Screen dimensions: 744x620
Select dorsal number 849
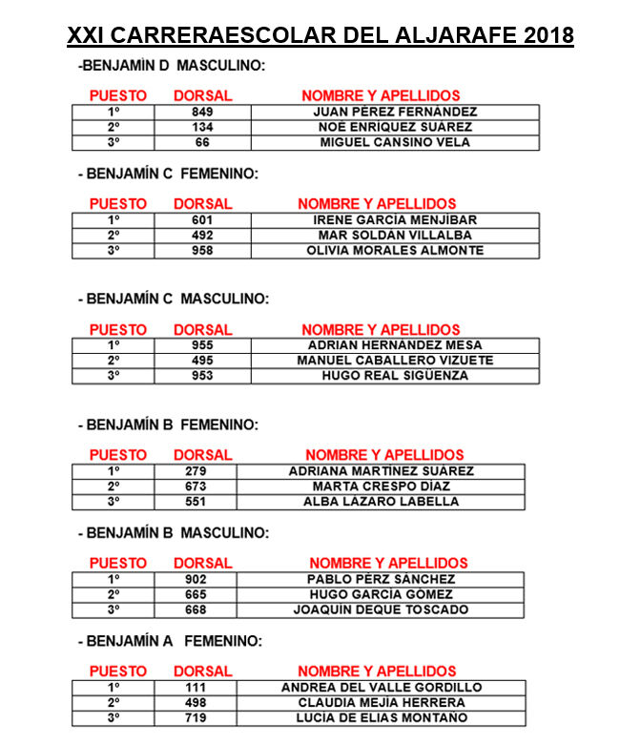pyautogui.click(x=202, y=112)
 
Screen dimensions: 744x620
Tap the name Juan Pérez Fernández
pyautogui.click(x=395, y=112)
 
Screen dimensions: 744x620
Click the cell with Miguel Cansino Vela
pyautogui.click(x=395, y=142)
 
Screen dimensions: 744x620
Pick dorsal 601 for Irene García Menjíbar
pyautogui.click(x=202, y=219)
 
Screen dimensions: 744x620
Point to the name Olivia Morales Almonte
pyautogui.click(x=395, y=250)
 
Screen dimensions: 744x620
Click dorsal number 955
pyautogui.click(x=202, y=344)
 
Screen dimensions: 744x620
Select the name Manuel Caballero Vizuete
pyautogui.click(x=395, y=360)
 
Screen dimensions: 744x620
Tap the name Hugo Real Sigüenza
pyautogui.click(x=395, y=375)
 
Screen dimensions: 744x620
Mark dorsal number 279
pyautogui.click(x=195, y=470)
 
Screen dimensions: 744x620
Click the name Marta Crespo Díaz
pyautogui.click(x=381, y=486)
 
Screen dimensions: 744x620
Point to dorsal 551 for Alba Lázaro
pyautogui.click(x=195, y=501)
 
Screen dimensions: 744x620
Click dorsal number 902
pyautogui.click(x=195, y=579)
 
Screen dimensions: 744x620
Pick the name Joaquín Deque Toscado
pyautogui.click(x=381, y=610)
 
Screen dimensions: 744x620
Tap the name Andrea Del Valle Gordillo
pyautogui.click(x=381, y=687)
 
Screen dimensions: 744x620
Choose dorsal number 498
pyautogui.click(x=195, y=702)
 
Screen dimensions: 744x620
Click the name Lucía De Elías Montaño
pyautogui.click(x=381, y=717)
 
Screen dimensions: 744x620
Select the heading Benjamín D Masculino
pyautogui.click(x=173, y=66)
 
